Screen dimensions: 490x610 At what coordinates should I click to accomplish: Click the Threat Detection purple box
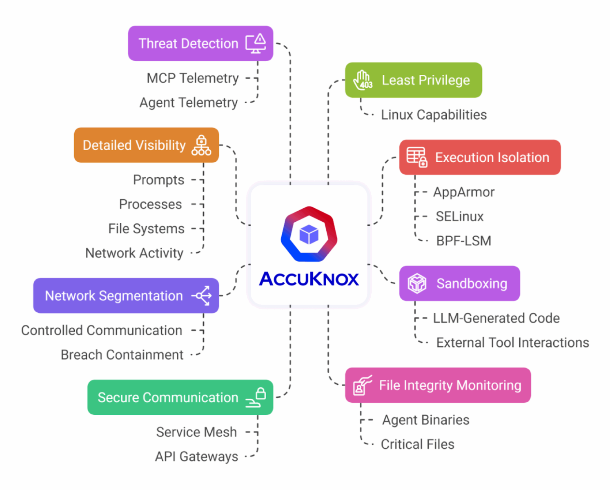tap(200, 43)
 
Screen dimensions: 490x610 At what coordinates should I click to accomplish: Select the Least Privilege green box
tap(413, 80)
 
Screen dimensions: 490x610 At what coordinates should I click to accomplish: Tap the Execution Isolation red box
tap(480, 157)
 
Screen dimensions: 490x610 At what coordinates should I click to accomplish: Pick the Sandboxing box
tap(459, 283)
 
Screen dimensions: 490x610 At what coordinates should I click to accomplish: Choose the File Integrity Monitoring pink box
tap(438, 385)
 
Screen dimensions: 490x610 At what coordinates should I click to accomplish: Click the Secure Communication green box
tap(180, 397)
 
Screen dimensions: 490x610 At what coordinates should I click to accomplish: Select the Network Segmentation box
tap(126, 296)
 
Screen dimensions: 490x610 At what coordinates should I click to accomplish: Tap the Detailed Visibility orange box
tap(146, 145)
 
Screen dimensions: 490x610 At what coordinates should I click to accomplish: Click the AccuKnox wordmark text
tap(309, 279)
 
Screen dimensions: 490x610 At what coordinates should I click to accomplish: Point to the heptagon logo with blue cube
tap(309, 234)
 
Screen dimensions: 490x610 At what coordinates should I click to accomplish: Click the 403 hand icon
tap(363, 80)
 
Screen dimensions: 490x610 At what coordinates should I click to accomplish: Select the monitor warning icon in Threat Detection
tap(256, 43)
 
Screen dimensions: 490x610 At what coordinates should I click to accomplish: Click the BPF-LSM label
tap(463, 241)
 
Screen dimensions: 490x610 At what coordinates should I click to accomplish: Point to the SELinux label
tap(459, 216)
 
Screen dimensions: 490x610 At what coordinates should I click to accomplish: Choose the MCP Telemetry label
tap(193, 78)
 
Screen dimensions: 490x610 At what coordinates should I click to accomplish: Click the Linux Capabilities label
tap(434, 115)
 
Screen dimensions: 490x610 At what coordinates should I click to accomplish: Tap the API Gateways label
tap(196, 457)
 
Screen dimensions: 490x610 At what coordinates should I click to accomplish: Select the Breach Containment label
tap(122, 355)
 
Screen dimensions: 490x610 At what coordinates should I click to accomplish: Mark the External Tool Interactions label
tap(512, 343)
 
